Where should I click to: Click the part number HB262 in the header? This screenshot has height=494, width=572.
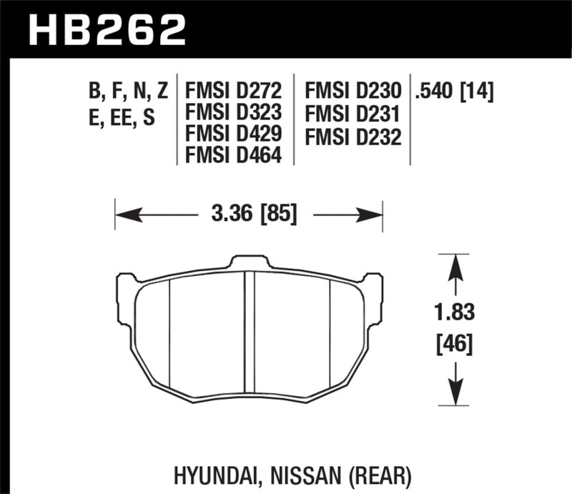coord(107,29)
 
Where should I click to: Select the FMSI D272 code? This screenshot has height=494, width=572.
coord(234,92)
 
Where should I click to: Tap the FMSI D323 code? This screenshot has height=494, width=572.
coord(234,112)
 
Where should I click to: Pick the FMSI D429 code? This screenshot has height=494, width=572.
coord(234,133)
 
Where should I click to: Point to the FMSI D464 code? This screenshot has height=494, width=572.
coord(234,154)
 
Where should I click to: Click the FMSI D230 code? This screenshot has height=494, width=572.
coord(352,92)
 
